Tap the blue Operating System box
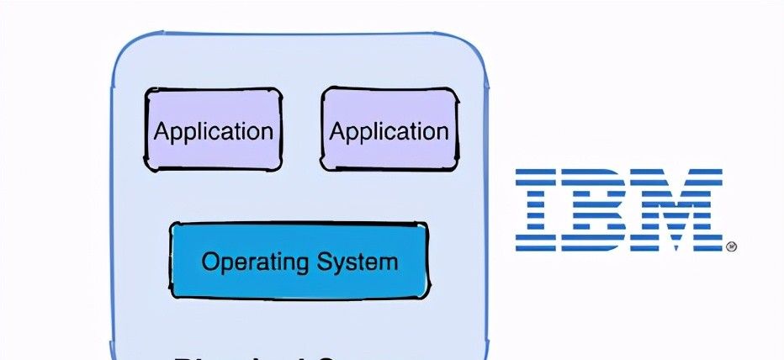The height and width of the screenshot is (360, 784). click(299, 260)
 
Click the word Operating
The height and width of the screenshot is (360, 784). click(253, 261)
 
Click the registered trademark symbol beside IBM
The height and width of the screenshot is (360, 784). click(731, 246)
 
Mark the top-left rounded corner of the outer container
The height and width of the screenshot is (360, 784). click(126, 50)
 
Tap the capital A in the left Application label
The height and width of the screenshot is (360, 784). click(162, 131)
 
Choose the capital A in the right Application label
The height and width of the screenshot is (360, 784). click(337, 131)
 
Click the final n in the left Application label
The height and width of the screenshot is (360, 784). click(267, 133)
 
